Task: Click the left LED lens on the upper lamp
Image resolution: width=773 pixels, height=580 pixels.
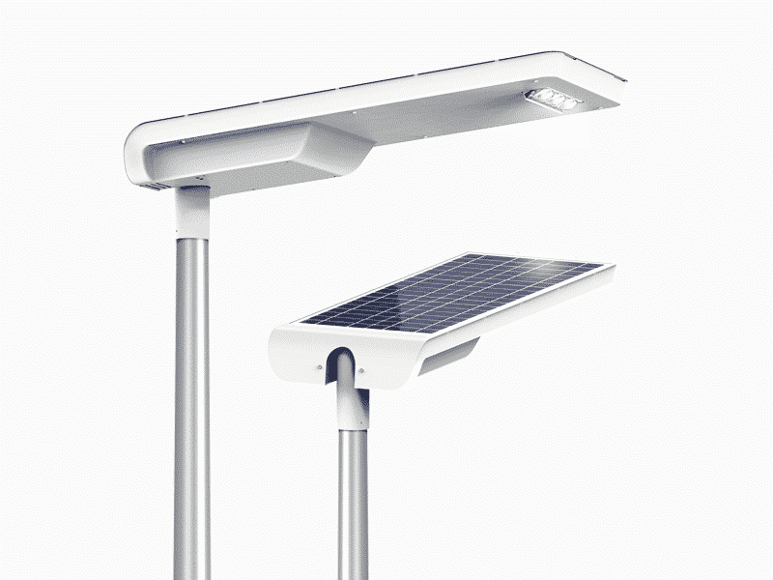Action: (544, 94)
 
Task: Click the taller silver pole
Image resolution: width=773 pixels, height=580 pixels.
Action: (191, 406)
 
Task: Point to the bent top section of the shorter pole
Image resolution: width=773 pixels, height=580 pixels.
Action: (347, 396)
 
